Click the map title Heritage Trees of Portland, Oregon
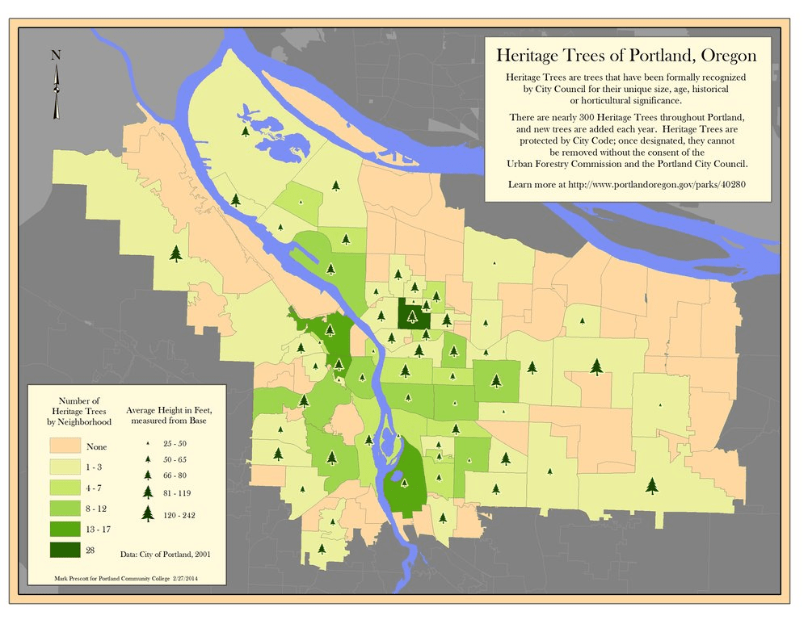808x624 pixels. pyautogui.click(x=626, y=56)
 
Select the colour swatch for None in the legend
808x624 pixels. pyautogui.click(x=64, y=446)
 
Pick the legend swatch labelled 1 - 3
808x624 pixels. pyautogui.click(x=64, y=467)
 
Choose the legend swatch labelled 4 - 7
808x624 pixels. pyautogui.click(x=64, y=488)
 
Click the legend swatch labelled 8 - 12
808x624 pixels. pyautogui.click(x=64, y=509)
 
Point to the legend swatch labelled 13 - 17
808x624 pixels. pyautogui.click(x=64, y=530)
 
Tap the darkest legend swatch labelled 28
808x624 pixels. pyautogui.click(x=64, y=551)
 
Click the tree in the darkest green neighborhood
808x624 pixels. pyautogui.click(x=413, y=316)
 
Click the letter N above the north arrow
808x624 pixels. pyautogui.click(x=56, y=55)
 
